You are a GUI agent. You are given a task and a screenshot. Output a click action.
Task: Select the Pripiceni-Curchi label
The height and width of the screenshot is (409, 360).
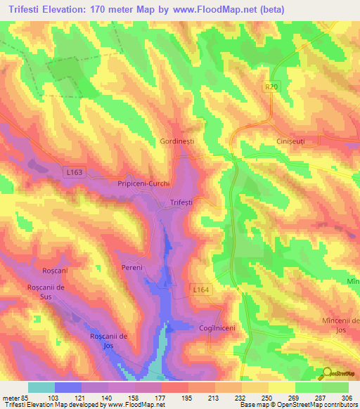(x=145, y=183)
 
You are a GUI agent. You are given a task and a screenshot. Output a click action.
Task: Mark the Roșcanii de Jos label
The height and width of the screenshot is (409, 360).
(x=112, y=341)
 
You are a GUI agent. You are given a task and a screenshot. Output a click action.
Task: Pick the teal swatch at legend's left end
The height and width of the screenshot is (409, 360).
(x=41, y=387)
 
